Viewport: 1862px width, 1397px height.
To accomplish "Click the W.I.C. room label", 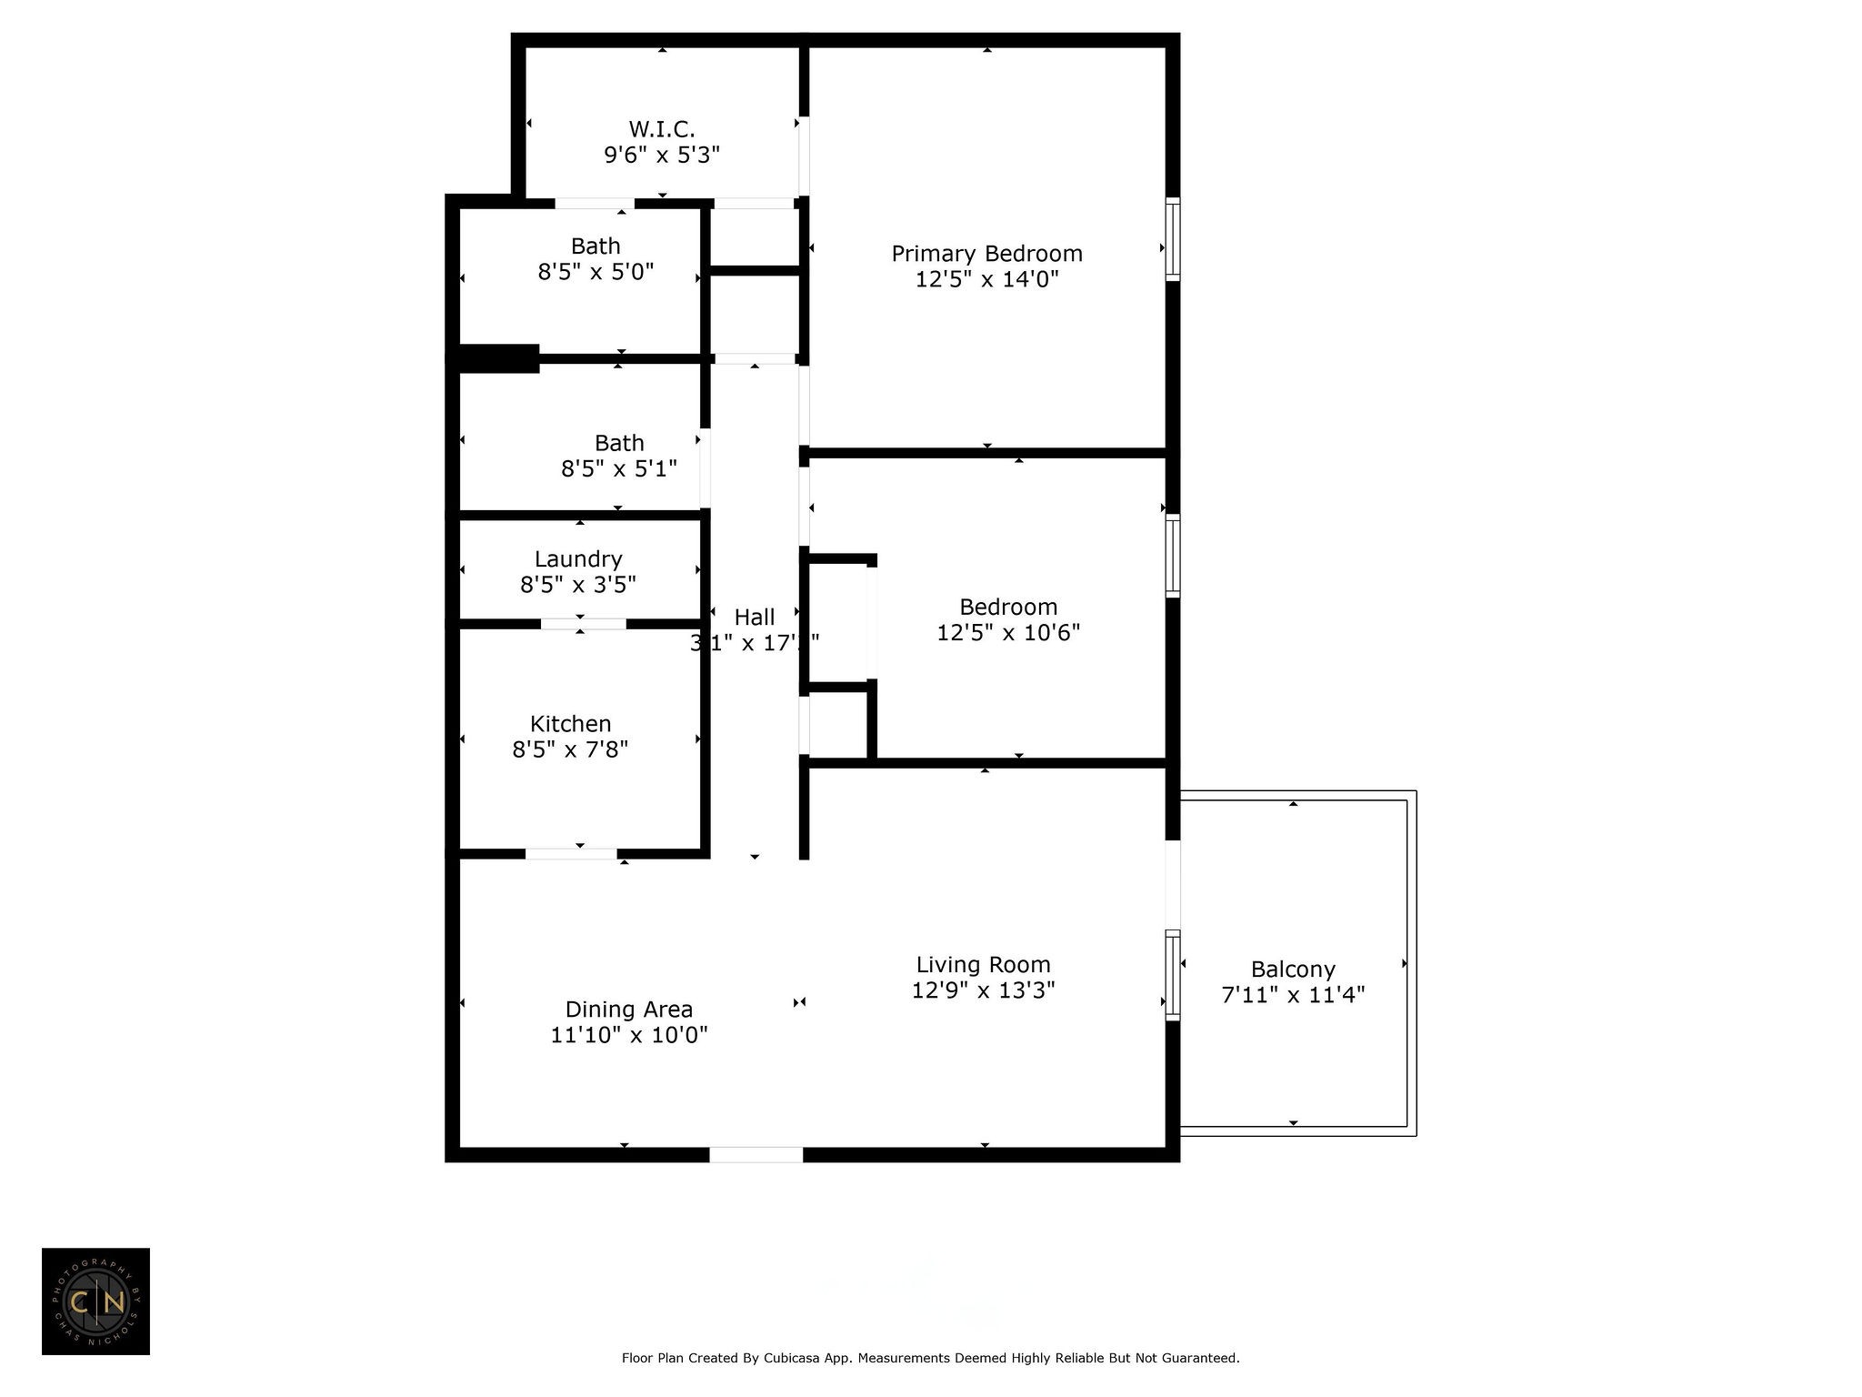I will [662, 130].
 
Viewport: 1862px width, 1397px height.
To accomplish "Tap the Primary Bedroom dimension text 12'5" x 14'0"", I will [986, 279].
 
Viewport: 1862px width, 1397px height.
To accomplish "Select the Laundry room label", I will [578, 559].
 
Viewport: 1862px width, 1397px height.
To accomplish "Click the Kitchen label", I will [570, 724].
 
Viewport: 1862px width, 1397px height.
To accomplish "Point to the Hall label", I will [755, 618].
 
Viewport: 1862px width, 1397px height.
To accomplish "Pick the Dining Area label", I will [629, 1010].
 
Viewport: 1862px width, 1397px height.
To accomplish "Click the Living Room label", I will [983, 965].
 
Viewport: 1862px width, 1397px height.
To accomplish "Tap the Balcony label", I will [1293, 970].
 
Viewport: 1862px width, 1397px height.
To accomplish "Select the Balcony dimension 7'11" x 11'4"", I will [1293, 995].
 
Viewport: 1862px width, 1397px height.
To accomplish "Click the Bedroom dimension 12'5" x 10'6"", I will [1008, 632].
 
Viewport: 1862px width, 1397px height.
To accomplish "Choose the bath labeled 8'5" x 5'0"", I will [596, 259].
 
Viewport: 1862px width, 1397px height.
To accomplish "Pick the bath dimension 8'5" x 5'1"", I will [619, 468].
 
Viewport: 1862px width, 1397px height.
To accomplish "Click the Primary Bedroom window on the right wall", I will [1173, 238].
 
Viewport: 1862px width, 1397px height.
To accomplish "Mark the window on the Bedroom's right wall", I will [1173, 556].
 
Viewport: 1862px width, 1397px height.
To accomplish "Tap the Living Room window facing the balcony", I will [1173, 975].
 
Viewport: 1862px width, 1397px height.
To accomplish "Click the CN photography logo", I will [95, 1302].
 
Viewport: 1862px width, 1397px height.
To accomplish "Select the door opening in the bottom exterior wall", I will [756, 1155].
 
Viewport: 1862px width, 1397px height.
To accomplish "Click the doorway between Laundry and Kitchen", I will [583, 624].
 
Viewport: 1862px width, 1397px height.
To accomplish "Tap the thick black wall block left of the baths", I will [498, 358].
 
